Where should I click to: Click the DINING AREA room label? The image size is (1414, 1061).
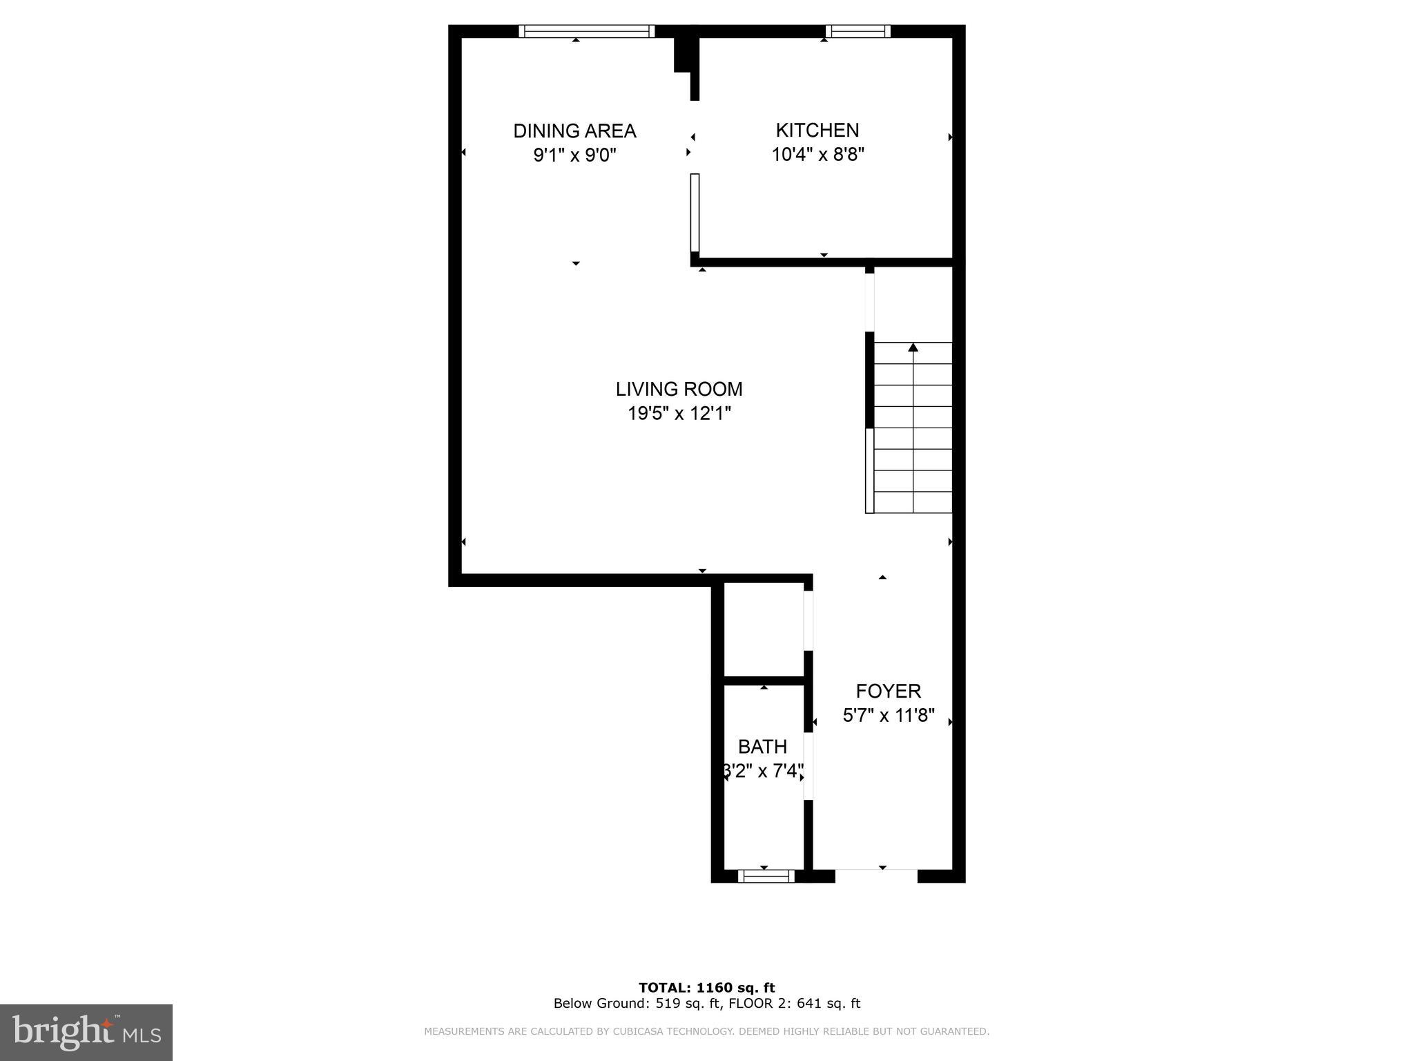tap(574, 131)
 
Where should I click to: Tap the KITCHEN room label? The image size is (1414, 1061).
tap(817, 130)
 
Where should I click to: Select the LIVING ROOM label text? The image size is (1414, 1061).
tap(679, 389)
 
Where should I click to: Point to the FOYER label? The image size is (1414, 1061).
tap(888, 691)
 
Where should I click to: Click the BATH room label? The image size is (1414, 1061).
tap(762, 746)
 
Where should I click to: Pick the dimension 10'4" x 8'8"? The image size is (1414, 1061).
tap(817, 154)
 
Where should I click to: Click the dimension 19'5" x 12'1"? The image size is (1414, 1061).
tap(679, 413)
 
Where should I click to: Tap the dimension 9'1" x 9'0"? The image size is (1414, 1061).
tap(574, 154)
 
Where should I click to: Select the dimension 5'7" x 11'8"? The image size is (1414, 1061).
tap(888, 715)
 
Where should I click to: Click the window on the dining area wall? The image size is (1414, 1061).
tap(586, 31)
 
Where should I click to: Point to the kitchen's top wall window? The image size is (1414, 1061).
tap(858, 31)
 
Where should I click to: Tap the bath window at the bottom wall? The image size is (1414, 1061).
tap(766, 876)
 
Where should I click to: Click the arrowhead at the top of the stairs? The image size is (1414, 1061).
tap(913, 347)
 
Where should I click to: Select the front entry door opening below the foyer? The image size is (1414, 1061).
tap(876, 876)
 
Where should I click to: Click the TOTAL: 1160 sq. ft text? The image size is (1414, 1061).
tap(706, 988)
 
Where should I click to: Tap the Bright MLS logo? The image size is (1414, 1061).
tap(86, 1032)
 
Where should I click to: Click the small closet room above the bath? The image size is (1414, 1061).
tap(763, 629)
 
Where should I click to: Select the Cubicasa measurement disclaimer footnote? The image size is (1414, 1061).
tap(706, 1031)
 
